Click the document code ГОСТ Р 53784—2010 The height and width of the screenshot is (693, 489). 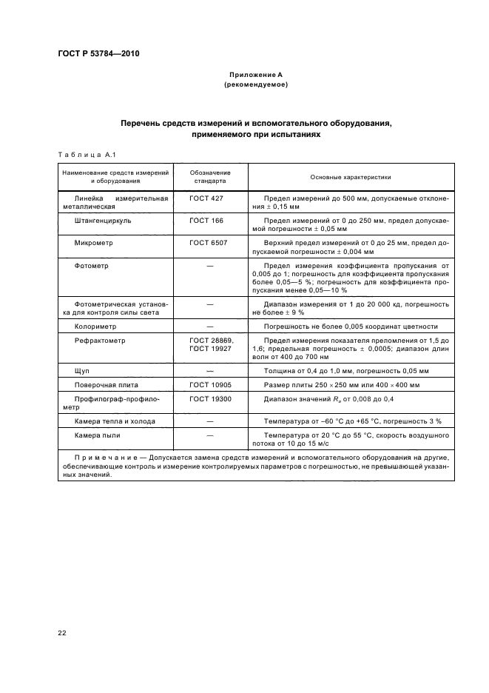pyautogui.click(x=98, y=54)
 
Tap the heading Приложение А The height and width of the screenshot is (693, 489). pyautogui.click(x=255, y=76)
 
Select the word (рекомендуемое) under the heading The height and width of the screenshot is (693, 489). pyautogui.click(x=255, y=85)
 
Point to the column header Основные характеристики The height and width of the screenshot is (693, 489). pyautogui.click(x=350, y=178)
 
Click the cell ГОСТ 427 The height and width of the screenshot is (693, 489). pyautogui.click(x=206, y=199)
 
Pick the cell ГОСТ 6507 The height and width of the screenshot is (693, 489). pyautogui.click(x=208, y=243)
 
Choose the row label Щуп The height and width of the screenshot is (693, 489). pyautogui.click(x=82, y=370)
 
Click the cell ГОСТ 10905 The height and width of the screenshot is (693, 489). pyautogui.click(x=210, y=385)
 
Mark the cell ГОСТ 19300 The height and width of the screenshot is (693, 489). pyautogui.click(x=210, y=399)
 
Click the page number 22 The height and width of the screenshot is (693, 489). pyautogui.click(x=61, y=632)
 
